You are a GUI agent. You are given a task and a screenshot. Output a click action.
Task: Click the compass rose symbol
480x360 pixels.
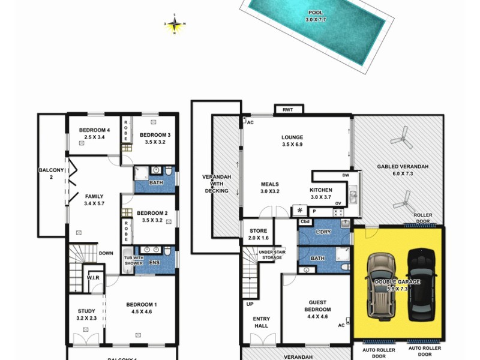coord(175,25)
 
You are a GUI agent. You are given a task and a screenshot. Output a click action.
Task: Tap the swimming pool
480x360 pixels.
coord(314,27)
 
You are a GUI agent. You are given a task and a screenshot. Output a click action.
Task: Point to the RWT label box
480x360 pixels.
coord(289,110)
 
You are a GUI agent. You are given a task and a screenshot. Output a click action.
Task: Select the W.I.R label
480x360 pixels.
coord(92,277)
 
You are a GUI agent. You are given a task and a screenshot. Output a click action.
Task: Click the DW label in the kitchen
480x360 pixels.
coord(345,175)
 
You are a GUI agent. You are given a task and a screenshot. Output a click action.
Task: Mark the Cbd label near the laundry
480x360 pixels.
coord(306,221)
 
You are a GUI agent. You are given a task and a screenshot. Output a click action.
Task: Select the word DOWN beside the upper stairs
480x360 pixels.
coord(106,253)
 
